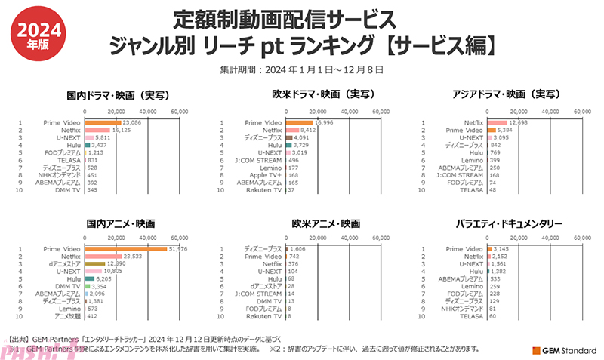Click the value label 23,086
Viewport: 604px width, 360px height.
tap(132, 122)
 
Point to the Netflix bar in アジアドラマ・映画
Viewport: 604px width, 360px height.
tap(497, 122)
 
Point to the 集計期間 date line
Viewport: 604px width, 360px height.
tap(301, 69)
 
